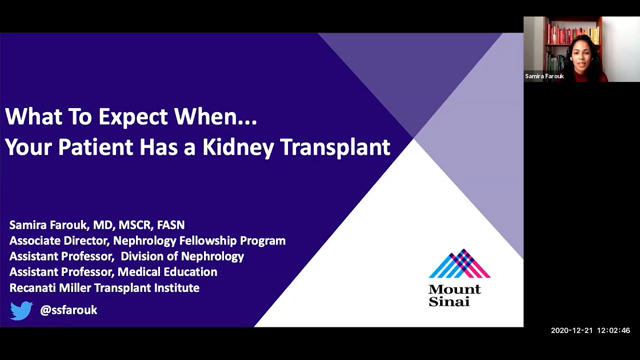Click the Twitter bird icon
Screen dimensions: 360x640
[21, 310]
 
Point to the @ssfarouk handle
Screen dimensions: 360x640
[68, 310]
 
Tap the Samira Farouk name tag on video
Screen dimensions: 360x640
[544, 76]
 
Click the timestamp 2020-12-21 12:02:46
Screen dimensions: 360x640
[590, 330]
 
